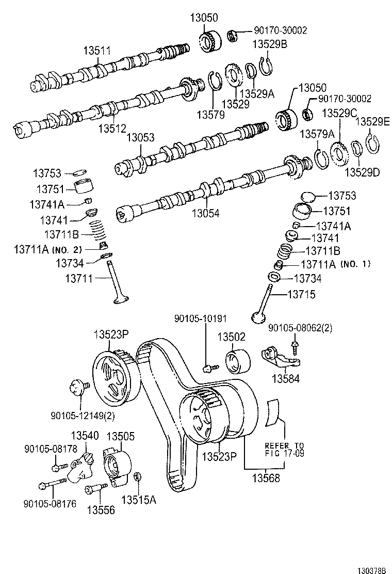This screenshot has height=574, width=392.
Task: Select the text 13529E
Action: [372, 122]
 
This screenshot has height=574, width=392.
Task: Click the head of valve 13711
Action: [120, 299]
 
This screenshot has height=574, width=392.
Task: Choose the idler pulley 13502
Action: [238, 360]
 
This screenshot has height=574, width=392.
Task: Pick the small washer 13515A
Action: [138, 476]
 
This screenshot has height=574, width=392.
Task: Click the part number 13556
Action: [101, 509]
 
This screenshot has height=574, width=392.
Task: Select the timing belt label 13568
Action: [267, 478]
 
